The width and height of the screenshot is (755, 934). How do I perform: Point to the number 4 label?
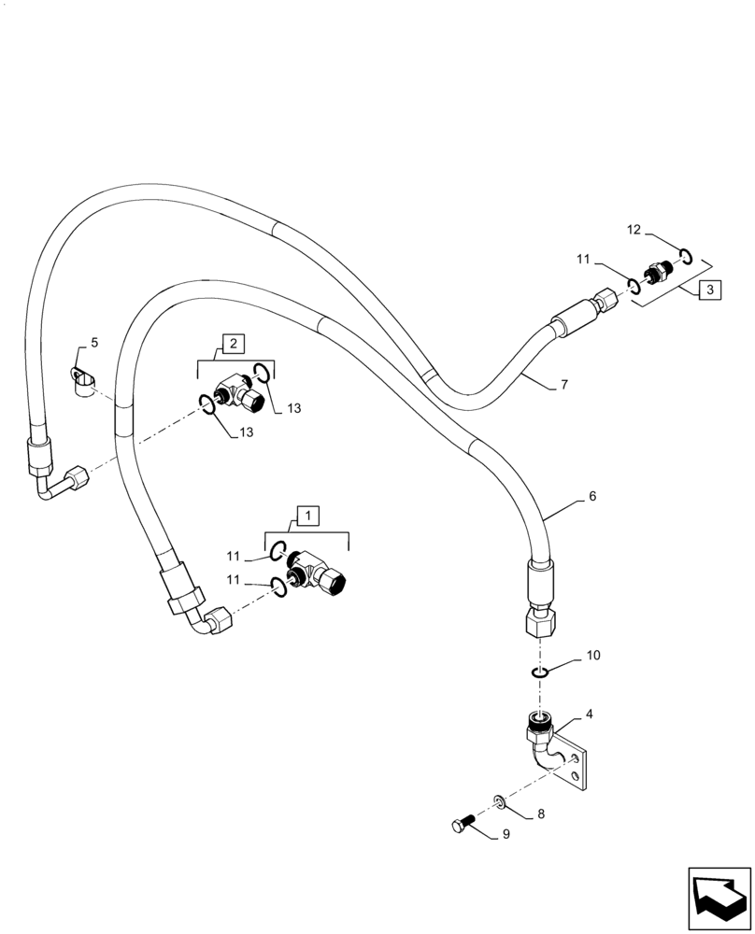(x=588, y=715)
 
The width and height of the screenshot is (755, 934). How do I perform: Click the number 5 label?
(x=93, y=344)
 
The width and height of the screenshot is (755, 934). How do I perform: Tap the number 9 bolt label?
(x=506, y=834)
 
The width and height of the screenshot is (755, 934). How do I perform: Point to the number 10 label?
(x=593, y=658)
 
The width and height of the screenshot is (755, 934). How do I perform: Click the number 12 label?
(x=633, y=230)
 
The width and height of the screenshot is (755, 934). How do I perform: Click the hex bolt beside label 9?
(x=463, y=825)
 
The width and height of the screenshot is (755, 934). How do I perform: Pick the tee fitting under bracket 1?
(x=319, y=571)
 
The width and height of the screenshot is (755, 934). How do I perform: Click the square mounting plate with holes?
(x=576, y=764)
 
